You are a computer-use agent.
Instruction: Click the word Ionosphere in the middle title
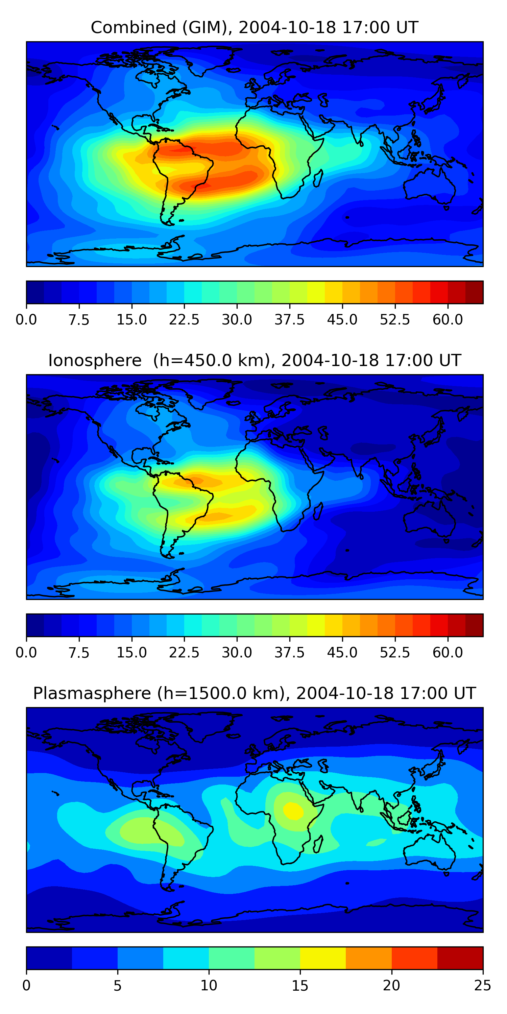pos(95,361)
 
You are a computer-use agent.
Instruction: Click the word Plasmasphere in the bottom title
pos(92,693)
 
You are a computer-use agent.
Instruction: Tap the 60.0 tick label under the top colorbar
pos(448,320)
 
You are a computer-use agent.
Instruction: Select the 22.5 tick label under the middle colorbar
pos(184,653)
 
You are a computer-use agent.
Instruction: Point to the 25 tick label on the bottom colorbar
pos(483,985)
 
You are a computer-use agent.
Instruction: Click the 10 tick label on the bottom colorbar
pos(209,985)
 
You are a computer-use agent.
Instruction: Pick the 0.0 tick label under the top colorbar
pos(26,320)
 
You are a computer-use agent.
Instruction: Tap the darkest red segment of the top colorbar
pos(474,292)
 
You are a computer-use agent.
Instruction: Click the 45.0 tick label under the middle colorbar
pos(342,653)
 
